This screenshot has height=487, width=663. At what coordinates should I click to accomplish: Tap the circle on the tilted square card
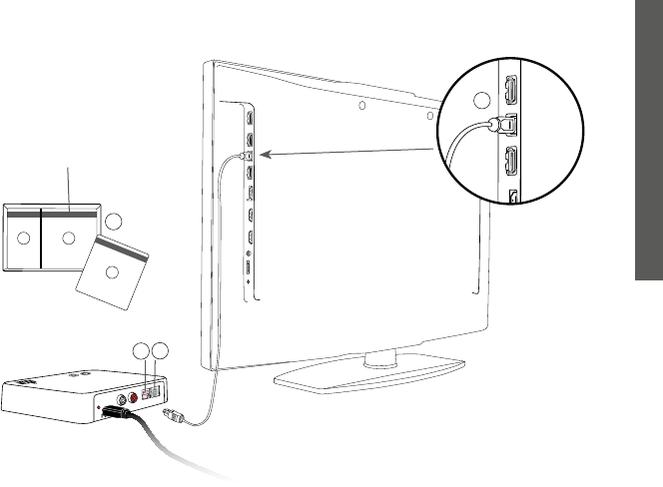click(x=112, y=272)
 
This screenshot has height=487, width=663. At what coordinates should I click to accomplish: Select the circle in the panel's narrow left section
click(x=22, y=239)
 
